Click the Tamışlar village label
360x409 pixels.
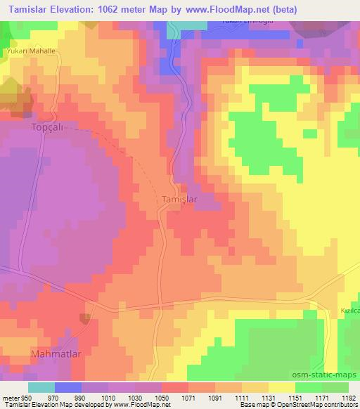[x=176, y=200]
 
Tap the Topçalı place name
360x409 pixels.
[x=27, y=129]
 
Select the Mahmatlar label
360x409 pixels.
[x=53, y=353]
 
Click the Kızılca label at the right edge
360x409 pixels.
[x=349, y=311]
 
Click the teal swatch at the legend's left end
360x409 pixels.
[x=41, y=387]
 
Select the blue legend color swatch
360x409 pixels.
[x=68, y=387]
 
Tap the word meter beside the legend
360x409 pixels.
[x=10, y=398]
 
